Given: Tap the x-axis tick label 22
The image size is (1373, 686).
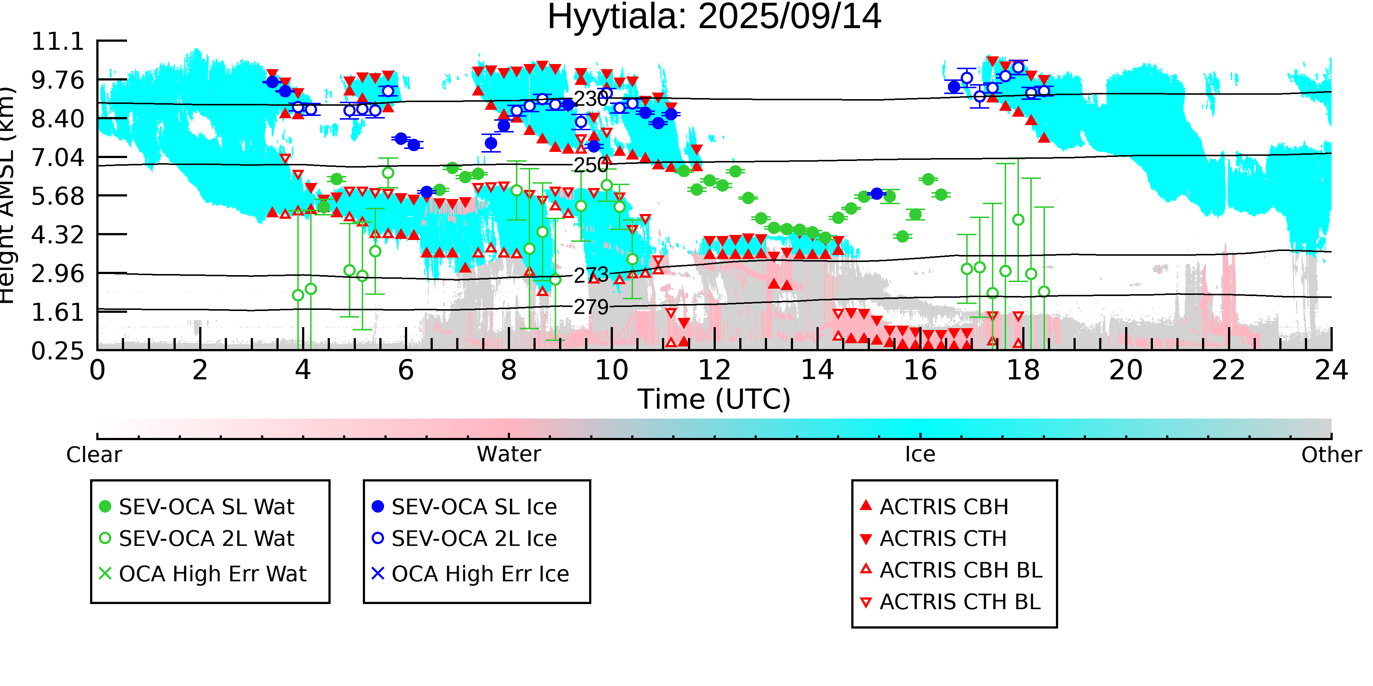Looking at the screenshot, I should coord(1228,370).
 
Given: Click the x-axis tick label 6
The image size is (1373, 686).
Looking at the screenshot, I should coord(406,370).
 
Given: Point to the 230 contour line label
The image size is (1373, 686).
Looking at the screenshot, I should coord(591,99).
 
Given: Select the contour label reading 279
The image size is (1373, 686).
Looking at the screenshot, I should coord(591,307).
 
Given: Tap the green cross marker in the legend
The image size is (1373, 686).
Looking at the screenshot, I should coord(105,574).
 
